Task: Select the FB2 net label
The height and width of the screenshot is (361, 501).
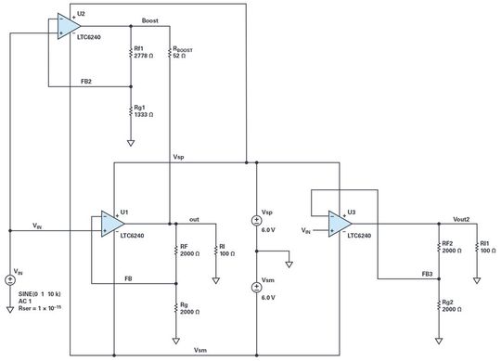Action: (x=85, y=82)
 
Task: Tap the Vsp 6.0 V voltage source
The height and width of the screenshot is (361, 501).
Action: (x=257, y=221)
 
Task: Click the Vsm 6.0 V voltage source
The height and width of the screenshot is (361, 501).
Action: (x=257, y=288)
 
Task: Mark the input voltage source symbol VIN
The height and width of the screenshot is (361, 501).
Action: (x=10, y=277)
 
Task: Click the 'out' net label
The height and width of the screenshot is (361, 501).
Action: (x=194, y=219)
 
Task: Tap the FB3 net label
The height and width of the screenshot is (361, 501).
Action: (x=426, y=275)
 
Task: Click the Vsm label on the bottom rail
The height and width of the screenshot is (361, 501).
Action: (x=199, y=350)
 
